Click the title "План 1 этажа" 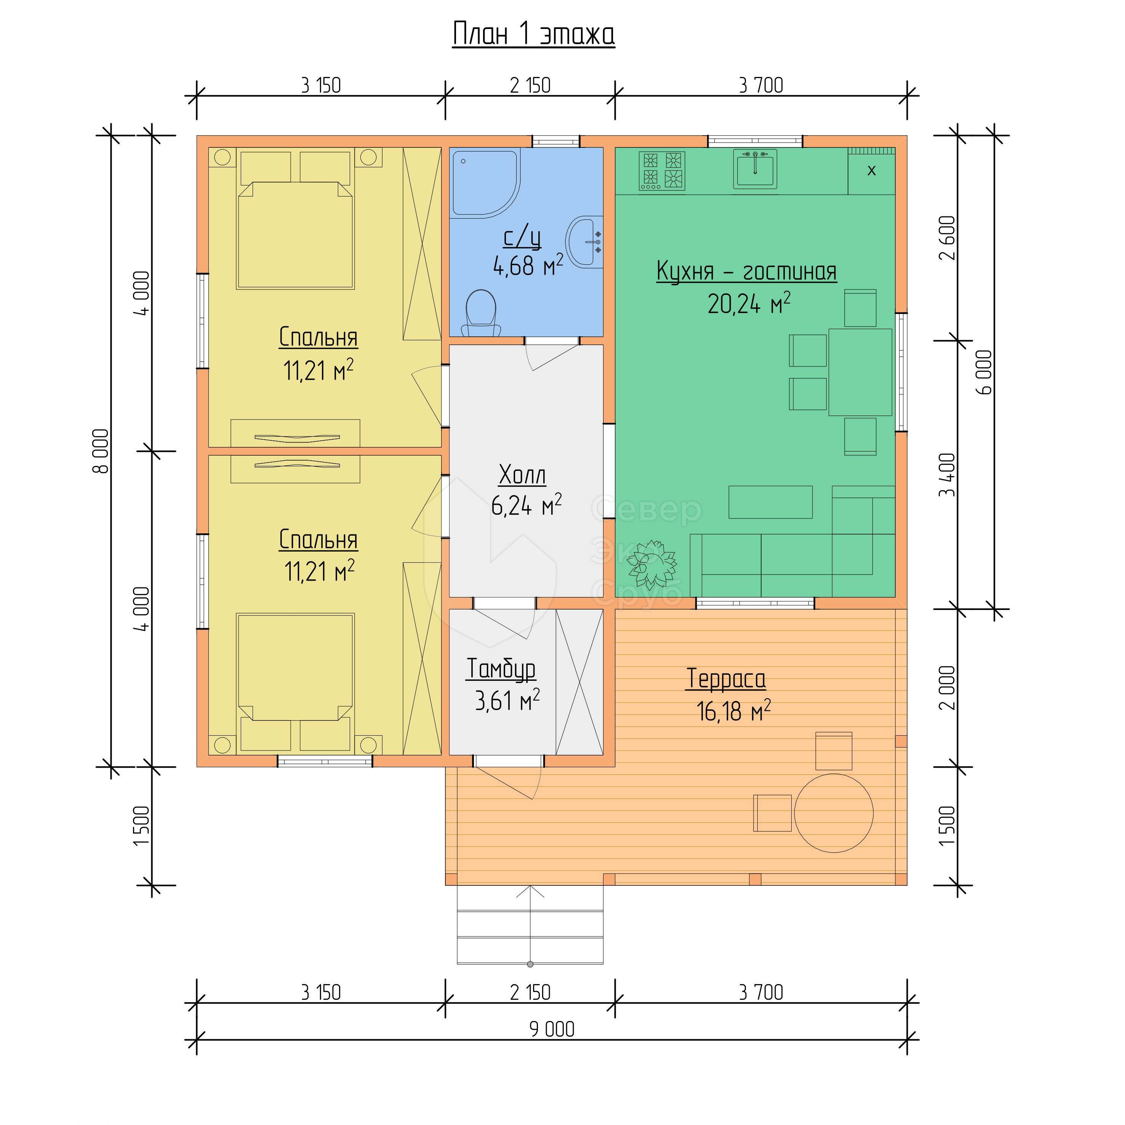tap(533, 34)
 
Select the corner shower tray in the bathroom tap(485, 183)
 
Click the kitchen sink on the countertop tap(755, 169)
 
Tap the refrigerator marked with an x tap(871, 171)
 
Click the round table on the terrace tap(834, 813)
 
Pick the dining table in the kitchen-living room tap(860, 372)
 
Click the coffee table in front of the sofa tap(770, 502)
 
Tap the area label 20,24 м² tap(749, 303)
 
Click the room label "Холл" tap(522, 475)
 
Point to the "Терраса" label tap(725, 679)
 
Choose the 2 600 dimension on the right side tap(948, 238)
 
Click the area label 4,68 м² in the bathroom tap(528, 266)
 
